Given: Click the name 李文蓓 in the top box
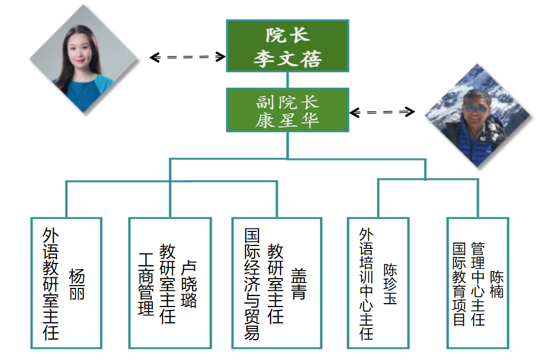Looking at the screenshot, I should [x=287, y=59].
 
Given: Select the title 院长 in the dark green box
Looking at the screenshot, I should [x=287, y=35].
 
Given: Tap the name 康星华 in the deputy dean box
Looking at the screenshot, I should [x=287, y=120].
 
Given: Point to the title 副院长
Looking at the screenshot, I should [x=287, y=102].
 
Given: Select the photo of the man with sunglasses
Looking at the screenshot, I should [x=478, y=116].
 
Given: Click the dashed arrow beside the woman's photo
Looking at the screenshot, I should [x=187, y=57].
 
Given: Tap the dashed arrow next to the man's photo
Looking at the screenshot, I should [x=382, y=112].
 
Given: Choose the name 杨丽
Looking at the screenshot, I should [x=77, y=284].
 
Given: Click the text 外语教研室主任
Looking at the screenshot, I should [x=51, y=283].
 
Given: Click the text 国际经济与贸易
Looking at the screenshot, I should [x=252, y=283].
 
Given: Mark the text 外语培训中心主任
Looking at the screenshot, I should [x=366, y=283].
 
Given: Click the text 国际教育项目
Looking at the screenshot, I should [x=459, y=284].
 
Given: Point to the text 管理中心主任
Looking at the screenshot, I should [x=478, y=284].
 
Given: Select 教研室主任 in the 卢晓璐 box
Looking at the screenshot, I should [x=168, y=284].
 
